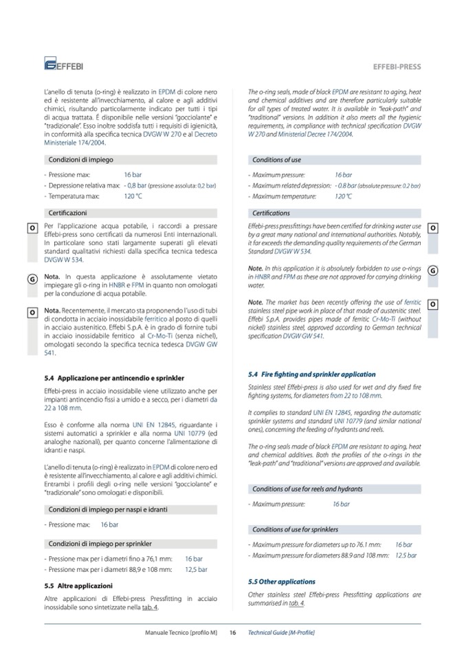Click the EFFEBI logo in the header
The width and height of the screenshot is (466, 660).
coord(63,66)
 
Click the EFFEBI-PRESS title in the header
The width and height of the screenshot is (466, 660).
coord(397,67)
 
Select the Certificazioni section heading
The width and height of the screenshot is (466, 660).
coord(67,213)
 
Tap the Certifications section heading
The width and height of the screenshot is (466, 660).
coord(271,213)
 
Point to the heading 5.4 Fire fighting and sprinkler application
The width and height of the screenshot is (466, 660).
coord(311,374)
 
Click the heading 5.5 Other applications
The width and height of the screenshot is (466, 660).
coord(282,582)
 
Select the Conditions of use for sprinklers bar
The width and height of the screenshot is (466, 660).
coord(296,529)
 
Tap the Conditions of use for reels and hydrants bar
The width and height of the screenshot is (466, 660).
coord(307,489)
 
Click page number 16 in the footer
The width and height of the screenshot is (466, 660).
coord(233,632)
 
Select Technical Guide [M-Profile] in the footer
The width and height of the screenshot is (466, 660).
coord(281,632)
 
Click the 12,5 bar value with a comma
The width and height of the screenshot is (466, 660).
coord(196,570)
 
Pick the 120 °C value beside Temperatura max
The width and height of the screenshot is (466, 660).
coord(133,196)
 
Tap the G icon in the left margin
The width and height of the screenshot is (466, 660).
coord(32,279)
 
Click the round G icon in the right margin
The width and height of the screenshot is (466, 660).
coord(433,270)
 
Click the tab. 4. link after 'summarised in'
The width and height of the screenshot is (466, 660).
coord(297,603)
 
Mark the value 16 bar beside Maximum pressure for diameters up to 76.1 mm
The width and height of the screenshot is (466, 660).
coord(403,545)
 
